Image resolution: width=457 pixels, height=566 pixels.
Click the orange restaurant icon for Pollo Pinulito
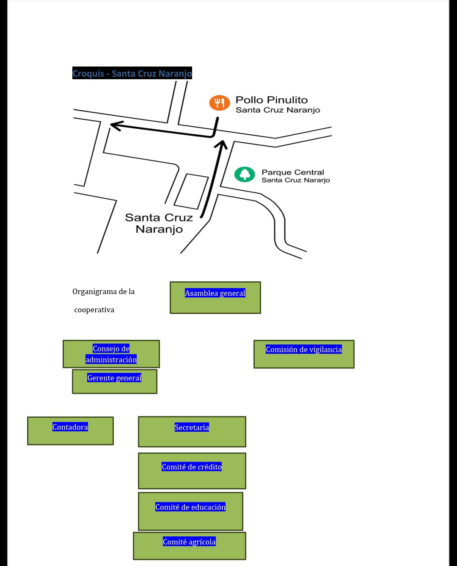tap(219, 103)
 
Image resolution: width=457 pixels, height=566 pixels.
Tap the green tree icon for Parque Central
tap(245, 174)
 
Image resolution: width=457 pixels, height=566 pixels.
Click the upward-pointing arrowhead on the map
tap(221, 145)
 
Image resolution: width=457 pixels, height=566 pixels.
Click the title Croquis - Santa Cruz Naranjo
tap(132, 73)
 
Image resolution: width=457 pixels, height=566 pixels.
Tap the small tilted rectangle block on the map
tap(191, 191)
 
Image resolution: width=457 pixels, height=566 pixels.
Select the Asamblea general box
tap(215, 297)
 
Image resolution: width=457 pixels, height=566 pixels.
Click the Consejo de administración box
tap(111, 354)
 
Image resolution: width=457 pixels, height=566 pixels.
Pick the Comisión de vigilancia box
tap(303, 354)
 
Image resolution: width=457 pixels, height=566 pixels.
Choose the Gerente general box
tap(114, 381)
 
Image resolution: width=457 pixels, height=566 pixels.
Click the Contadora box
tap(70, 430)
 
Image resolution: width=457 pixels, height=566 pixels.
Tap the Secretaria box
tap(192, 431)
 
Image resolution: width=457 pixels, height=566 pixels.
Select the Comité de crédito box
tap(192, 471)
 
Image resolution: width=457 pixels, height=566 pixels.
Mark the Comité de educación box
tap(190, 511)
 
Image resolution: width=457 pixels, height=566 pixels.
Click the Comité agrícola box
tap(189, 546)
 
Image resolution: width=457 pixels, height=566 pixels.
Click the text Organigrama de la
tap(103, 291)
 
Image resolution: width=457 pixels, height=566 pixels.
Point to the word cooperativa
tap(94, 310)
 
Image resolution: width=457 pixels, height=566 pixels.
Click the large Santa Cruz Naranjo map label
tap(159, 223)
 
